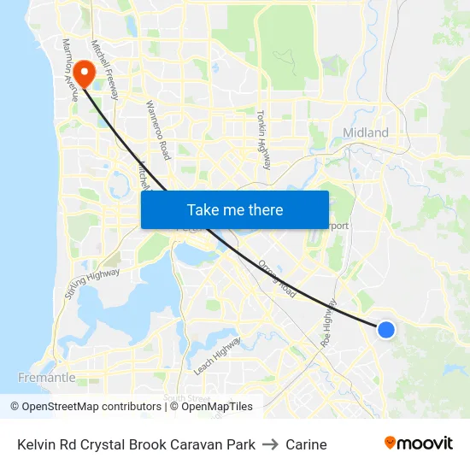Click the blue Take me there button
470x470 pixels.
[x=235, y=209]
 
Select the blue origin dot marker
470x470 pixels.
[x=386, y=329]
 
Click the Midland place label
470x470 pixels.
[x=365, y=132]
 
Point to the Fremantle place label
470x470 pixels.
[x=47, y=377]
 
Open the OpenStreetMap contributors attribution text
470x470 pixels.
[x=91, y=407]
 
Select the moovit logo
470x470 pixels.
[x=418, y=444]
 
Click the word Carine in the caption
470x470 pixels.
[x=306, y=444]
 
